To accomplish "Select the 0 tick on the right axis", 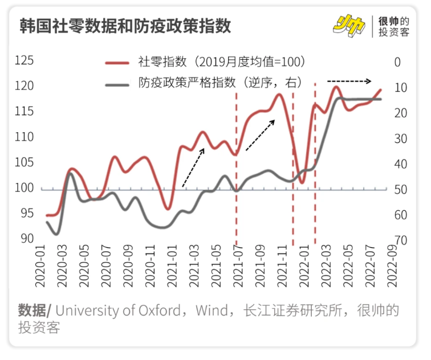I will point(397,62).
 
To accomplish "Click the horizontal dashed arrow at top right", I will point(348,80).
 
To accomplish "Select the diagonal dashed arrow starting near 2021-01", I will point(194,166).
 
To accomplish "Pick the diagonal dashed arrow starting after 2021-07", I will point(262,136).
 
